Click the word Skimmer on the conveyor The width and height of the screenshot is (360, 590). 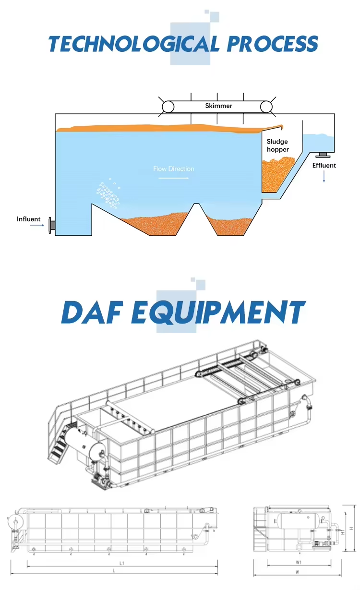click(218, 106)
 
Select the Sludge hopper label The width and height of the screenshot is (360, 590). click(278, 145)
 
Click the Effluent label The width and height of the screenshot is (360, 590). click(324, 166)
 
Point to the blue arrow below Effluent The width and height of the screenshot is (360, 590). click(324, 177)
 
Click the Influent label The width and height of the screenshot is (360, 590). click(29, 219)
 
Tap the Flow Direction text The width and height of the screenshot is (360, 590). click(174, 169)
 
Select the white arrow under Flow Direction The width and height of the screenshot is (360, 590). click(173, 178)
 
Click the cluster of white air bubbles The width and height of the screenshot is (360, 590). click(108, 193)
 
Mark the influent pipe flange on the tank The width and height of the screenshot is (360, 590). click(51, 225)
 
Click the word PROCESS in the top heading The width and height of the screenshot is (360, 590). click(272, 44)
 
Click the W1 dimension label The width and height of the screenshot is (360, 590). click(299, 562)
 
